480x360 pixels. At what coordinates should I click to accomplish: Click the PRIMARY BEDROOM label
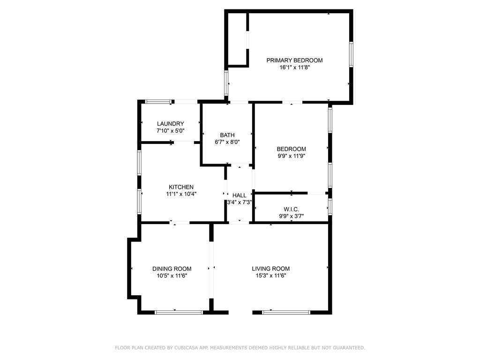pyautogui.click(x=294, y=60)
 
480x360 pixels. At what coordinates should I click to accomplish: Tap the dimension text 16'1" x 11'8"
pyautogui.click(x=294, y=67)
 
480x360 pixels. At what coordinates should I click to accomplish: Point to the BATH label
pyautogui.click(x=227, y=135)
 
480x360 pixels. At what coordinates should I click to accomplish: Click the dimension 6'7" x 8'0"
pyautogui.click(x=227, y=142)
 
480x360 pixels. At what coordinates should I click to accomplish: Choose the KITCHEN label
pyautogui.click(x=181, y=187)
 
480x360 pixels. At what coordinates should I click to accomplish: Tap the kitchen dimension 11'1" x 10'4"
pyautogui.click(x=181, y=194)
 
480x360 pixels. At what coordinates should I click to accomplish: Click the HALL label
pyautogui.click(x=240, y=195)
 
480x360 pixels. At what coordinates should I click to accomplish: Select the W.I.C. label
pyautogui.click(x=292, y=209)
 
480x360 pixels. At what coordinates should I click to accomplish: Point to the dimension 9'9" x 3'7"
pyautogui.click(x=292, y=216)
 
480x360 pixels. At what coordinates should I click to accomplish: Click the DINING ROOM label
pyautogui.click(x=172, y=269)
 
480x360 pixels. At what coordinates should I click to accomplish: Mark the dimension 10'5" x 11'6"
pyautogui.click(x=172, y=276)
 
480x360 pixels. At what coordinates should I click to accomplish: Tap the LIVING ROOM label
pyautogui.click(x=270, y=269)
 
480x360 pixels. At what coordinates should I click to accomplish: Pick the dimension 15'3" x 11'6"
pyautogui.click(x=270, y=276)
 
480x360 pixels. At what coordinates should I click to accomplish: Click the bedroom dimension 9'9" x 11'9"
pyautogui.click(x=292, y=156)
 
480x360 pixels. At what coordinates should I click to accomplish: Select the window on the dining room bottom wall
pyautogui.click(x=179, y=312)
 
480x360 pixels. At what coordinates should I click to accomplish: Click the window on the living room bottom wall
pyautogui.click(x=286, y=312)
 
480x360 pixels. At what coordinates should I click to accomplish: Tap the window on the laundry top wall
pyautogui.click(x=158, y=101)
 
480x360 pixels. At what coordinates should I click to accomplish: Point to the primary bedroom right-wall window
pyautogui.click(x=351, y=54)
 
